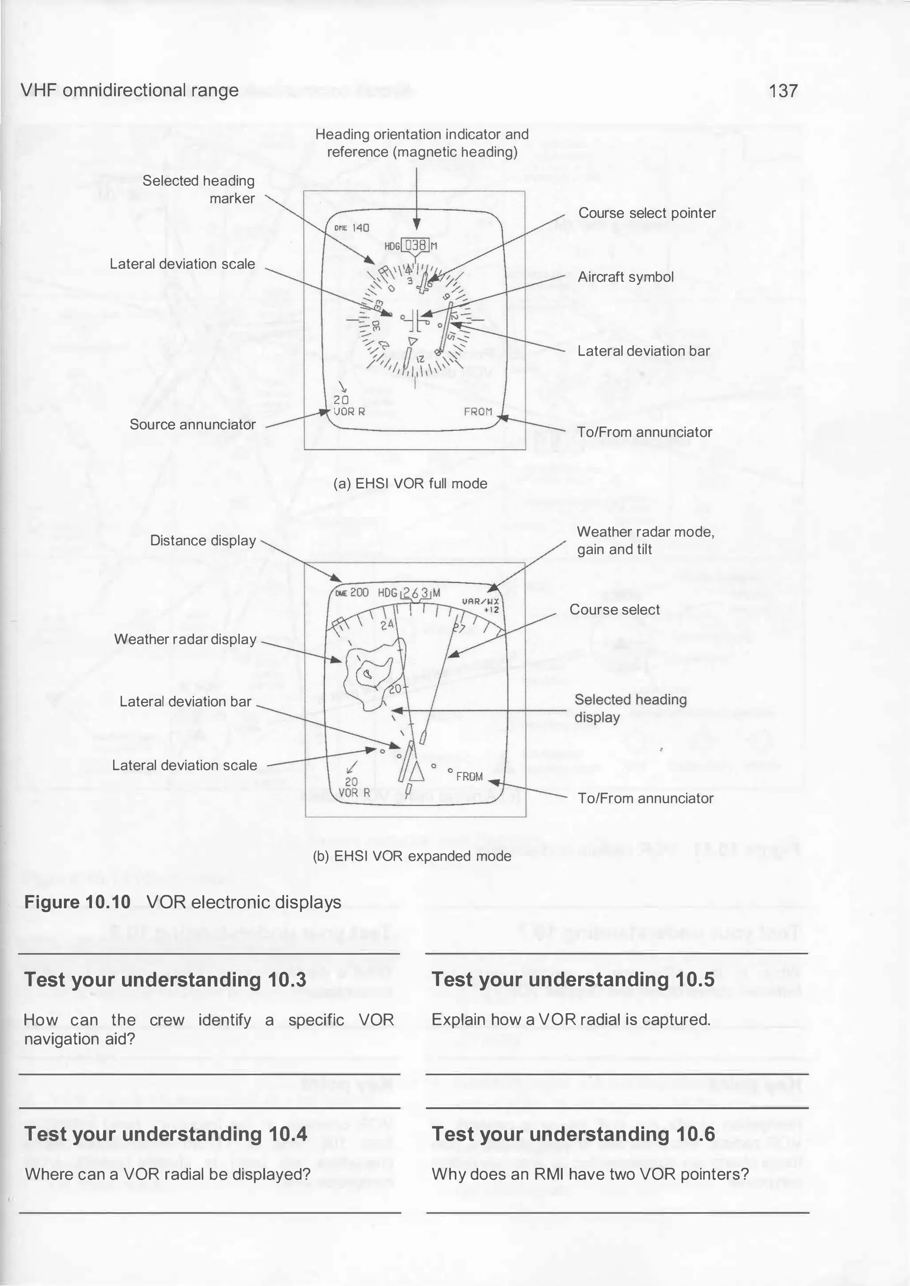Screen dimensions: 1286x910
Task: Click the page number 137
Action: coord(783,91)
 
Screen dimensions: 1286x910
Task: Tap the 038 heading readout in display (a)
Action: coord(416,245)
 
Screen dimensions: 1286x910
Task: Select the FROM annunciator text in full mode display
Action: coord(478,412)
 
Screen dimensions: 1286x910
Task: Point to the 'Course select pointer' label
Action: coord(647,213)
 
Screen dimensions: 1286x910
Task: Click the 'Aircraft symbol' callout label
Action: coord(625,277)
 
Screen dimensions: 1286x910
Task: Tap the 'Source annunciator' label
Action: coord(192,425)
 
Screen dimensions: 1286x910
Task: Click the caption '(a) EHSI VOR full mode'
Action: coord(410,483)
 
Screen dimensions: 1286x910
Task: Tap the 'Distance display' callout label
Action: coord(203,541)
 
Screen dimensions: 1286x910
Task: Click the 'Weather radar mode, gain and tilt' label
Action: coord(645,541)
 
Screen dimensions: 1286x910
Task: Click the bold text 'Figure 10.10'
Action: coord(77,902)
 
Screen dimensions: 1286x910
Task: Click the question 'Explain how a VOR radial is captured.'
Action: coord(571,1019)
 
